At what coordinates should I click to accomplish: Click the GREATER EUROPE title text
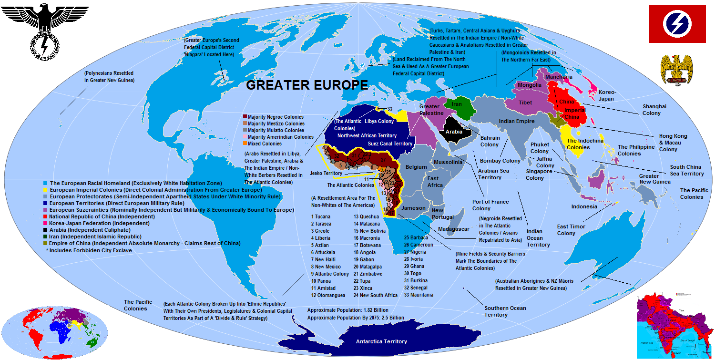(x=306, y=85)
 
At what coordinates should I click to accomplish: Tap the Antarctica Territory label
(x=381, y=341)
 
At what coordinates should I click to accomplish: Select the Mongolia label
(x=529, y=85)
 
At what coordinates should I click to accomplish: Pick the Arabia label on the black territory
(x=454, y=132)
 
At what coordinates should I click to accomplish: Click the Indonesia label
(x=584, y=206)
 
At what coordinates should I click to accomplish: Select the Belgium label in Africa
(x=416, y=167)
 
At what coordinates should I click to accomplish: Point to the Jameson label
(x=413, y=208)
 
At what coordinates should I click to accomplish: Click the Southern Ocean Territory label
(x=505, y=311)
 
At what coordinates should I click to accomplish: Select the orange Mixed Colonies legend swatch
(x=245, y=144)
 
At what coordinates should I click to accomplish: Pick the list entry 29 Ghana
(x=414, y=266)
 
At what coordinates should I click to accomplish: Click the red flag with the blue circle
(x=677, y=24)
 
